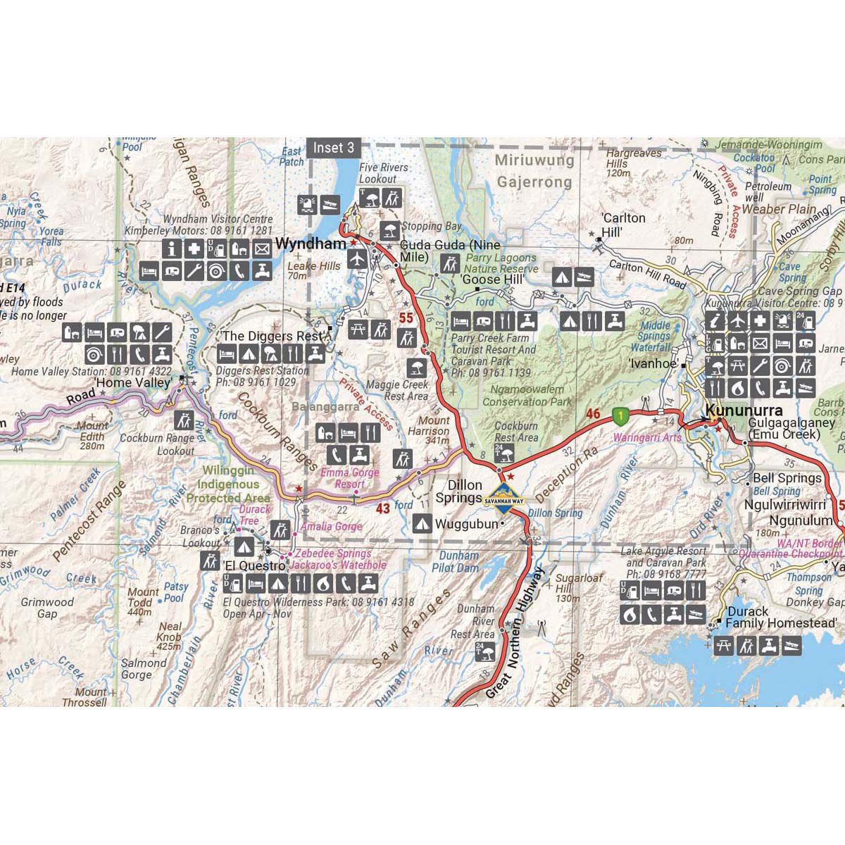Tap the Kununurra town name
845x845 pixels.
[x=744, y=410]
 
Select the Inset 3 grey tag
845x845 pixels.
[x=334, y=147]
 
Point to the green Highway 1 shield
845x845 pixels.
[x=619, y=416]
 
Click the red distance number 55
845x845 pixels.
[x=406, y=318]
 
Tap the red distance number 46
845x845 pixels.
[x=593, y=414]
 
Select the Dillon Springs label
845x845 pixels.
[x=459, y=492]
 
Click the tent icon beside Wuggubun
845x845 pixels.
[x=422, y=523]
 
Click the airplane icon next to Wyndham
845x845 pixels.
[x=358, y=258]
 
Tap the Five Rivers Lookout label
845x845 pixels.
[x=383, y=173]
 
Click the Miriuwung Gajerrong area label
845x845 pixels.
[x=534, y=171]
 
